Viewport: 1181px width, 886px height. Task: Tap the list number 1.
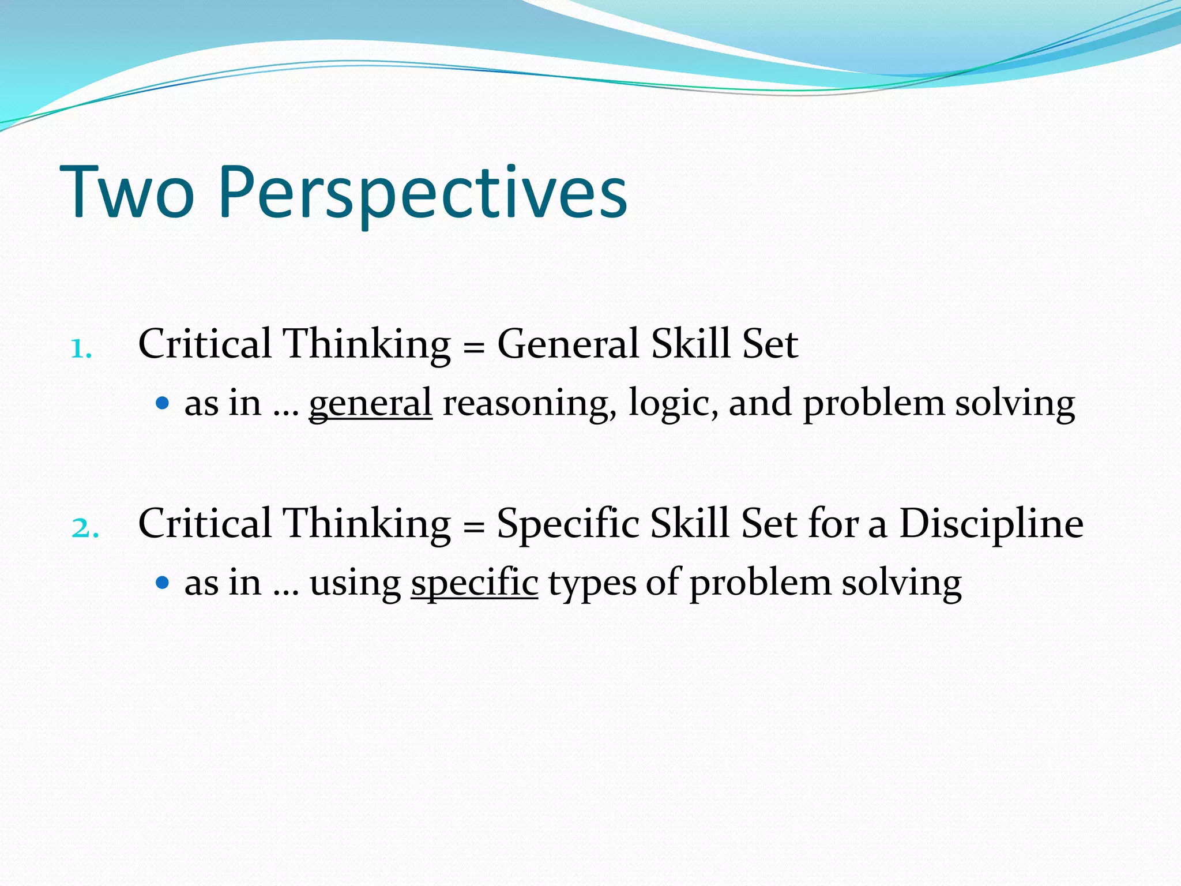click(x=81, y=349)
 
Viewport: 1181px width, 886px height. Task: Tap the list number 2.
click(x=85, y=528)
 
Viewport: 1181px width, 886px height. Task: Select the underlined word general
click(x=370, y=404)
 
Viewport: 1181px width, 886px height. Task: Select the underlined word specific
click(x=474, y=583)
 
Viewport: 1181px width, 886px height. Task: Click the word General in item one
click(x=568, y=344)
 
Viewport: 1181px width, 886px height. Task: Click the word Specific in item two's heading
click(x=568, y=524)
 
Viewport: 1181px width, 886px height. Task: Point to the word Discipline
click(x=991, y=524)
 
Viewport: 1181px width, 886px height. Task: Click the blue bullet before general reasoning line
click(x=163, y=403)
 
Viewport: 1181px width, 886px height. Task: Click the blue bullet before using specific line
click(x=163, y=582)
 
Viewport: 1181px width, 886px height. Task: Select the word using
click(x=355, y=583)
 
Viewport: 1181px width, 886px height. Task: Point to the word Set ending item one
click(x=770, y=344)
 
